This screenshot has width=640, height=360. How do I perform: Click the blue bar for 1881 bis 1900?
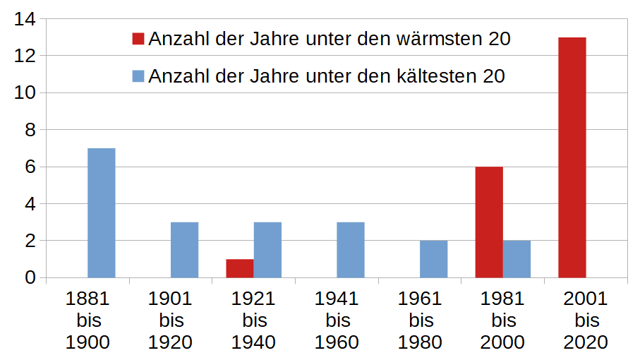coord(101,213)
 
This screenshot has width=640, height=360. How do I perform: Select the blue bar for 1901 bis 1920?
coord(184,250)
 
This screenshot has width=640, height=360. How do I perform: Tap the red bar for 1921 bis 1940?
coord(240,269)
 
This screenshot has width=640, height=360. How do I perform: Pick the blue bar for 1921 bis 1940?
coord(267,250)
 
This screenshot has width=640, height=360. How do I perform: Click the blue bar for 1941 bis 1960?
coord(351,250)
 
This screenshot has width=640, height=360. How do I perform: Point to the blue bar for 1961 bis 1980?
coord(433,259)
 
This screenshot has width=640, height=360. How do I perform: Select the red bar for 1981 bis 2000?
coord(489,222)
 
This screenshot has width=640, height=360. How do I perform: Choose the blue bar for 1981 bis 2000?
coord(517,259)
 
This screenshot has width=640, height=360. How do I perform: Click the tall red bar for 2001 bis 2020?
coord(572,157)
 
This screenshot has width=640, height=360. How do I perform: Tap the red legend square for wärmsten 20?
coord(138,39)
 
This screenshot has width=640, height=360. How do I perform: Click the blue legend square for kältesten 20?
coord(138,76)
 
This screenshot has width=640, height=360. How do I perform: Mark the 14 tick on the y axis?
coord(26,19)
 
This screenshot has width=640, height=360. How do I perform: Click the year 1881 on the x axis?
coord(88,299)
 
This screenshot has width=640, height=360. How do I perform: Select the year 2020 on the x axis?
coord(586,343)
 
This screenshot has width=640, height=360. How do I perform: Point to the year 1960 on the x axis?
coord(337,343)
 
